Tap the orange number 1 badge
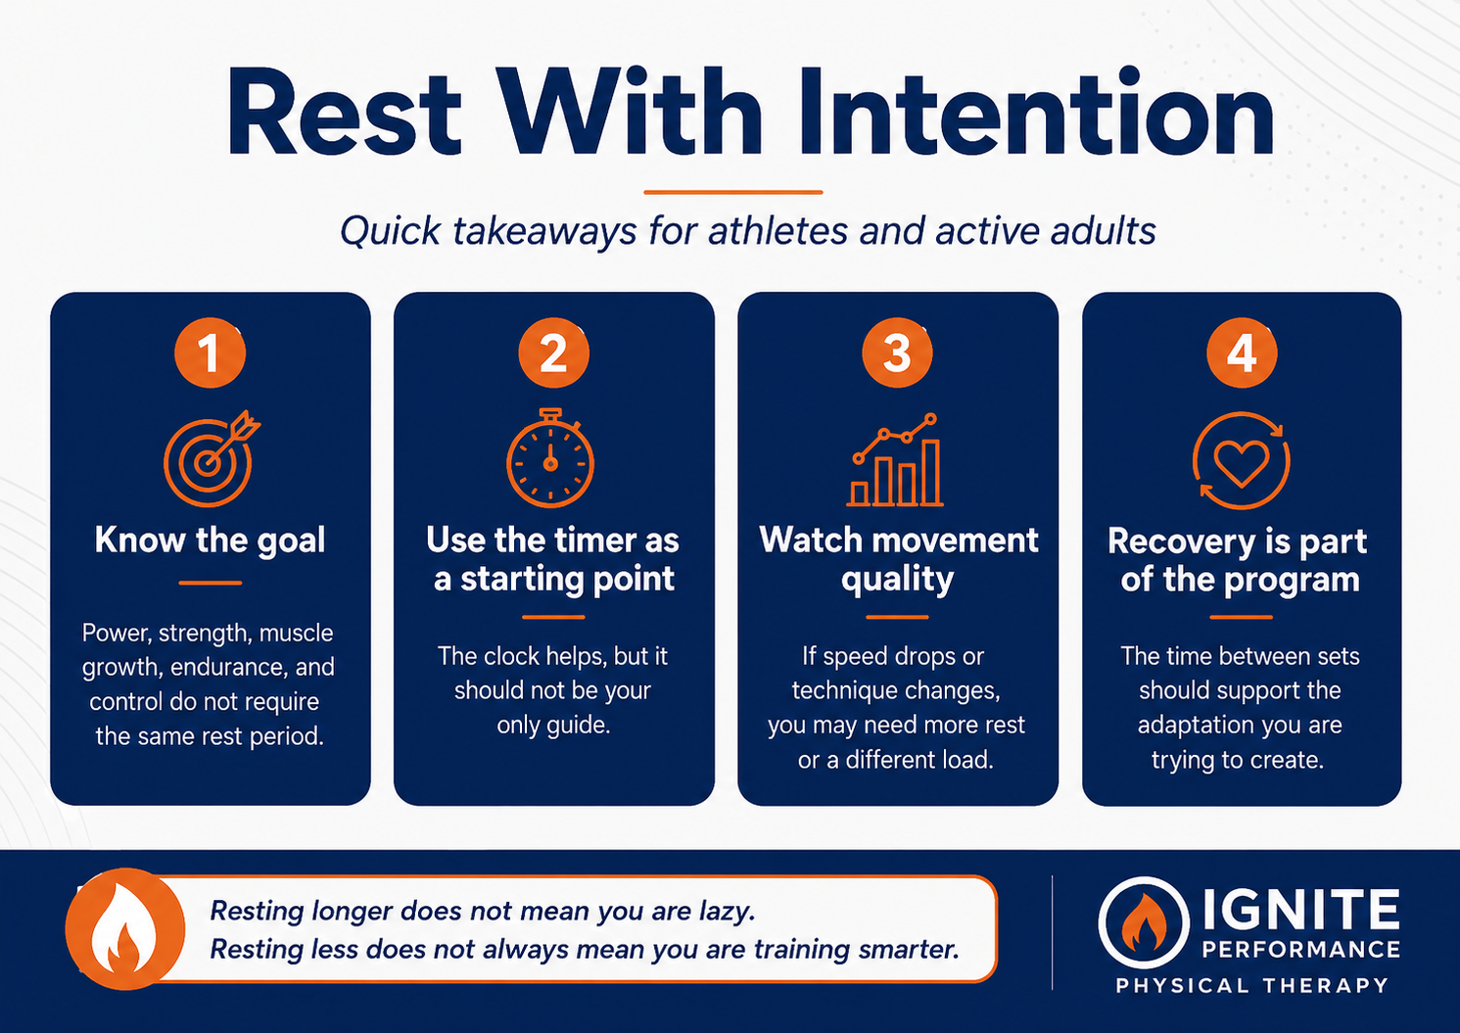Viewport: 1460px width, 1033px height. pyautogui.click(x=210, y=352)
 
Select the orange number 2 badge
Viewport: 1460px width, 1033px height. pyautogui.click(x=553, y=352)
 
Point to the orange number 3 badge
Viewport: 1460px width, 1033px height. pyautogui.click(x=897, y=352)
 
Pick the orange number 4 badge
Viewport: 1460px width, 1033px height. pyautogui.click(x=1241, y=352)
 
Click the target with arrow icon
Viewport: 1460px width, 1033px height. pyautogui.click(x=210, y=459)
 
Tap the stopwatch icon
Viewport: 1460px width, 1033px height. pyautogui.click(x=550, y=458)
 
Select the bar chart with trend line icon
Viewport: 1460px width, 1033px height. pyautogui.click(x=895, y=459)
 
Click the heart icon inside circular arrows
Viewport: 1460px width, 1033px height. pyautogui.click(x=1241, y=460)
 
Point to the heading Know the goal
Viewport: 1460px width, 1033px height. pyautogui.click(x=210, y=540)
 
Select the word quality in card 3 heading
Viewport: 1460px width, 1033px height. pyautogui.click(x=898, y=580)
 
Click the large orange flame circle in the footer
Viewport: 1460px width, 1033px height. pyautogui.click(x=125, y=929)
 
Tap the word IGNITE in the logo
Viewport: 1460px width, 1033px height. pyautogui.click(x=1300, y=910)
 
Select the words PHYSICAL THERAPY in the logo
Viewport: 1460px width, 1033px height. pyautogui.click(x=1251, y=985)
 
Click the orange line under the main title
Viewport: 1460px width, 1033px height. pyautogui.click(x=733, y=192)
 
